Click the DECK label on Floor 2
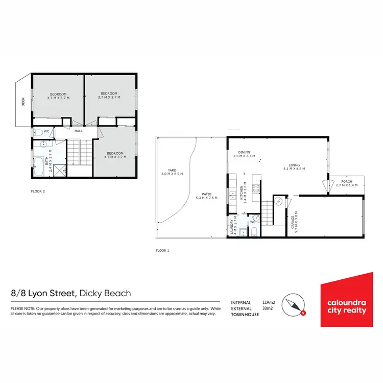click(x=23, y=102)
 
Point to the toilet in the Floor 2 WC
click(x=38, y=132)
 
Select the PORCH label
click(x=348, y=183)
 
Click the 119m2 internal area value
click(x=269, y=302)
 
